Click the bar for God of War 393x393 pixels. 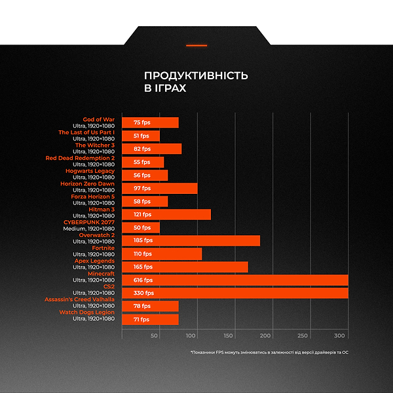coord(150,122)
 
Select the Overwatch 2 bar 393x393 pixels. coord(191,240)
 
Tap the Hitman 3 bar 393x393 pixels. coord(166,214)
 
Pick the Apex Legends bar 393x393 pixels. coord(185,267)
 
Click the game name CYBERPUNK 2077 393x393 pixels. coord(89,222)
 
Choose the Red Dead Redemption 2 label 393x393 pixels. coord(80,158)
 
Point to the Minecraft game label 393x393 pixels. coord(101,273)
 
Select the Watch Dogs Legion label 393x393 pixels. coord(86,312)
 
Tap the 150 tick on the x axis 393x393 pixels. coord(228,336)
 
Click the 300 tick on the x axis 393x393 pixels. coord(339,336)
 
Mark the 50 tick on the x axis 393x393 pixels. coord(155,336)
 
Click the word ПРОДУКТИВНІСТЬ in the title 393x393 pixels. coord(196,76)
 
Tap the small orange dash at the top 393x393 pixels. coord(196,46)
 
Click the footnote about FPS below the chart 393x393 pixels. coord(269,352)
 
